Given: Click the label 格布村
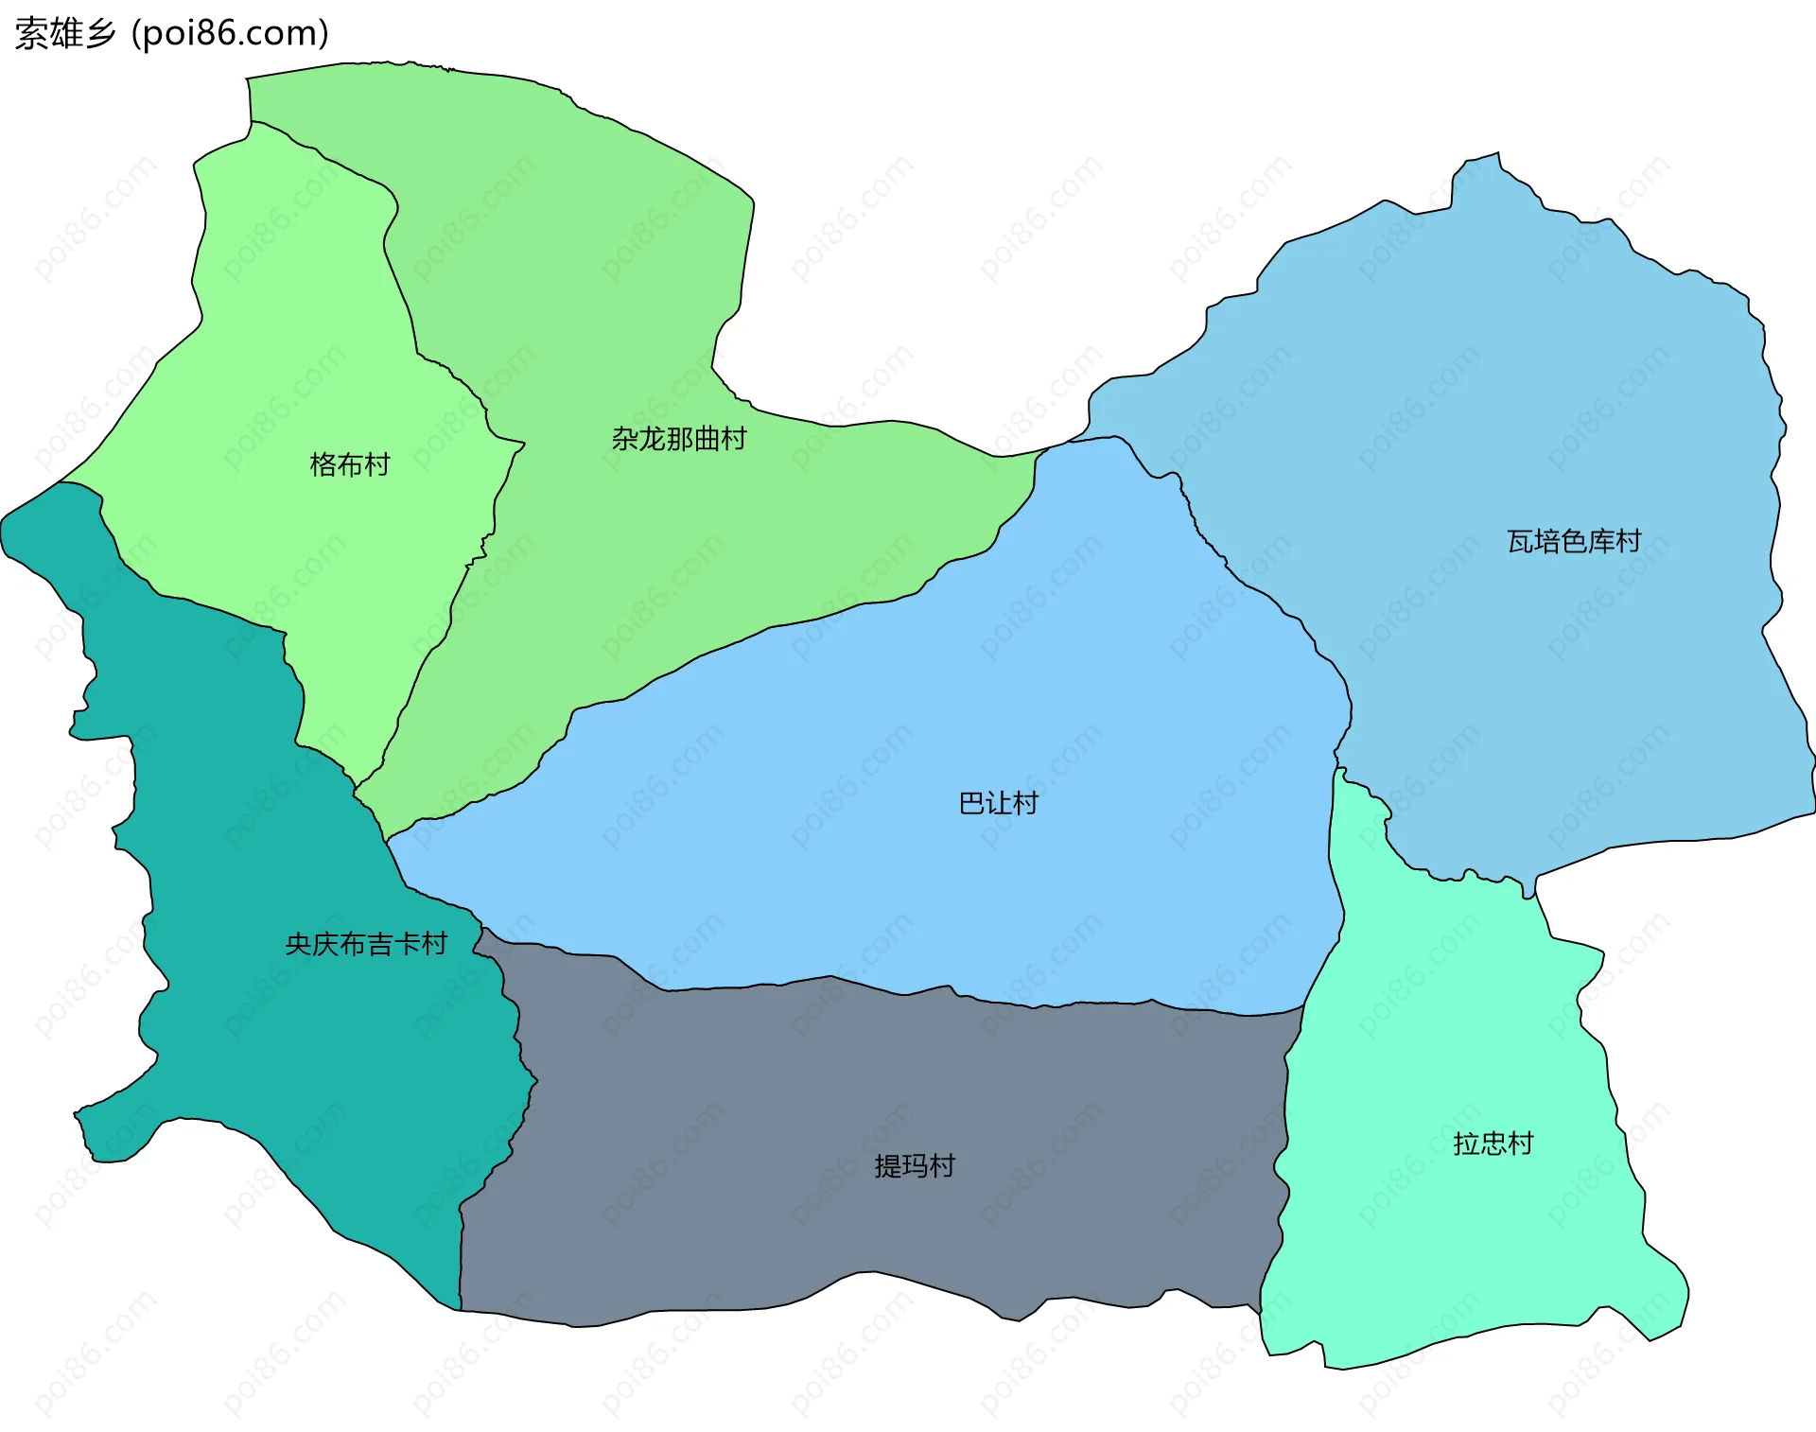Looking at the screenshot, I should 350,464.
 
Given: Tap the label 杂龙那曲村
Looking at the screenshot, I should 678,439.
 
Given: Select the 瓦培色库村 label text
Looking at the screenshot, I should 1573,541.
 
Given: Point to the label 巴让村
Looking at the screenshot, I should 998,803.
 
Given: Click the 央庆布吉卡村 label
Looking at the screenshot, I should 365,944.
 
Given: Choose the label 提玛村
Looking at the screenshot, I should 914,1166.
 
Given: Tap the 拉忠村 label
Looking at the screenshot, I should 1493,1144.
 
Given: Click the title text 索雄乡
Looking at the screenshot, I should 65,34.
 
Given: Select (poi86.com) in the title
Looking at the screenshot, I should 230,34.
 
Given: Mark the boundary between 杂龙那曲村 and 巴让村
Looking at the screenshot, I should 757,632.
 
